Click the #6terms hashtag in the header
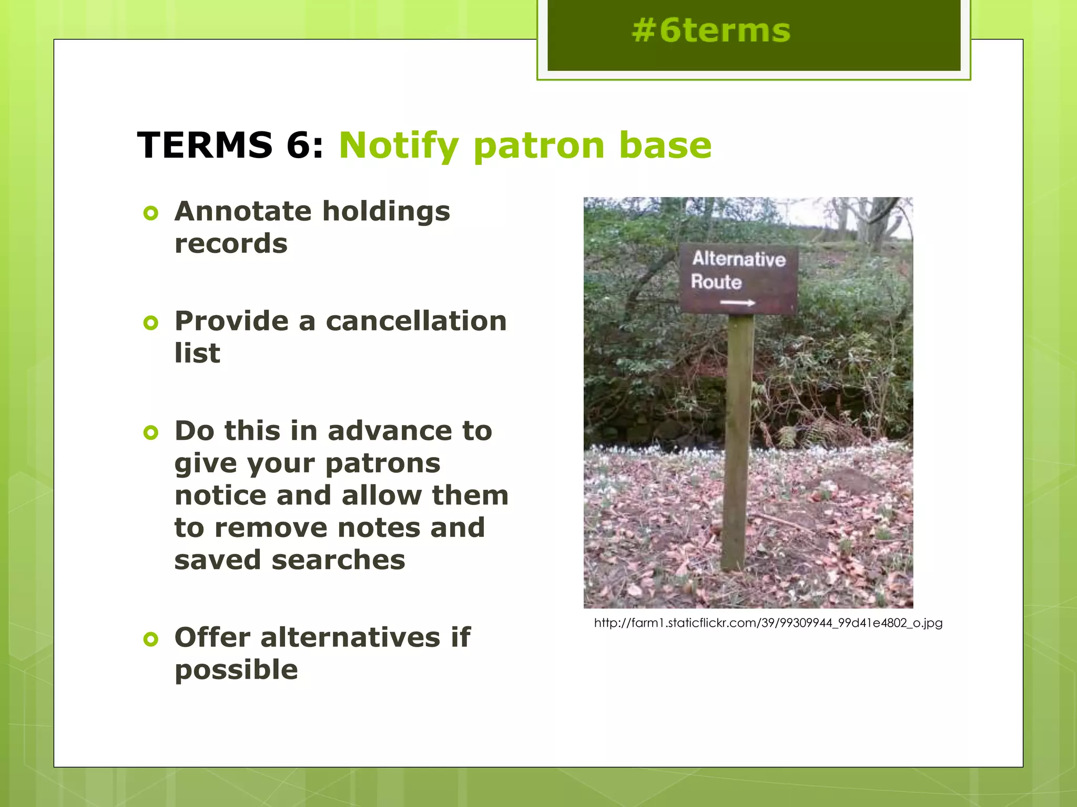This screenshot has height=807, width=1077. pos(711,30)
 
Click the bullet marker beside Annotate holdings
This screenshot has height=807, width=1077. pos(151,213)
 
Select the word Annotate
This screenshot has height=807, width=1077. pos(243,212)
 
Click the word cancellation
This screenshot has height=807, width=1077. pos(416,321)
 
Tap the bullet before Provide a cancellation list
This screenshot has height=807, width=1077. pos(151,323)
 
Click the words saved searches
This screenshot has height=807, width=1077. pos(290,560)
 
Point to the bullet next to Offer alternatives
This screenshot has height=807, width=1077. pos(151,639)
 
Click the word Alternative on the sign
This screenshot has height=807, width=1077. pos(738,259)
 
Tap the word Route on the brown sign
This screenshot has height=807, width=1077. pos(716,282)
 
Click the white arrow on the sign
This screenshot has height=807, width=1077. pos(737,303)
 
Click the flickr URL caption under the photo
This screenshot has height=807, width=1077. pos(768,623)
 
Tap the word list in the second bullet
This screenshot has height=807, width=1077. pos(197,353)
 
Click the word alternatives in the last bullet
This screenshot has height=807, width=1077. pos(350,638)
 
